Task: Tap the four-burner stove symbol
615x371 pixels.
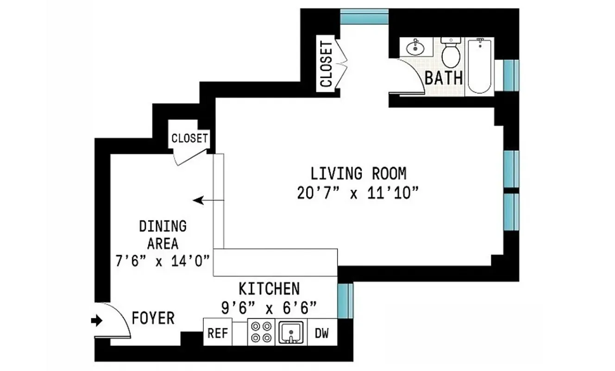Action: pyautogui.click(x=261, y=332)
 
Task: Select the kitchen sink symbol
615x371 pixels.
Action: pyautogui.click(x=290, y=332)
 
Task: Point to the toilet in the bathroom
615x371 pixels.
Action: pyautogui.click(x=450, y=53)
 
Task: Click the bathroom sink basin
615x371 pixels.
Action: pyautogui.click(x=415, y=47)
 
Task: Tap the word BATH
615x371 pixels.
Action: pyautogui.click(x=444, y=77)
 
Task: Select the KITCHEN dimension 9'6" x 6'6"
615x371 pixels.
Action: pyautogui.click(x=269, y=307)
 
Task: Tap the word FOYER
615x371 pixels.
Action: pyautogui.click(x=153, y=319)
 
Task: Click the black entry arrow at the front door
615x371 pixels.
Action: pyautogui.click(x=97, y=320)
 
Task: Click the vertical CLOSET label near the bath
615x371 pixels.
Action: pyautogui.click(x=326, y=64)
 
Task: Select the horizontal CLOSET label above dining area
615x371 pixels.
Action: pyautogui.click(x=189, y=138)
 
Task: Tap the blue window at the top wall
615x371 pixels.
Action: pyautogui.click(x=364, y=16)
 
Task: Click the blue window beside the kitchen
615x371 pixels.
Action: pyautogui.click(x=345, y=301)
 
